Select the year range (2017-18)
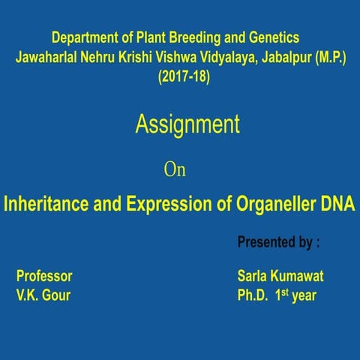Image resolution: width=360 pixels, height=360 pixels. click(x=183, y=76)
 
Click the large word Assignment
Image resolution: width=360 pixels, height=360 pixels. click(x=187, y=124)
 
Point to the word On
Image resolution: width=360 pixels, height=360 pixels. click(x=174, y=170)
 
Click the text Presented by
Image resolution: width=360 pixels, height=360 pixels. click(x=274, y=242)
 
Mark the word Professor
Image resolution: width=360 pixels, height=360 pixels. click(x=44, y=275)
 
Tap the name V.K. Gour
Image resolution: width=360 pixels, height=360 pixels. click(x=43, y=295)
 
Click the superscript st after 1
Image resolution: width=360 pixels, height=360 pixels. click(x=285, y=291)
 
